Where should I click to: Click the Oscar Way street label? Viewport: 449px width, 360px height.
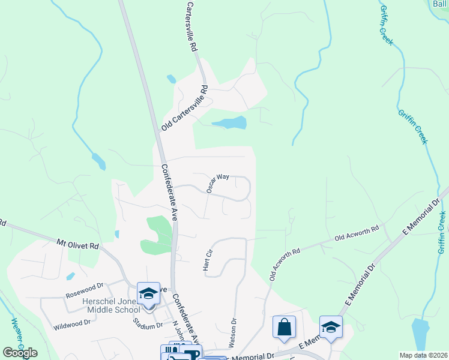point(218,182)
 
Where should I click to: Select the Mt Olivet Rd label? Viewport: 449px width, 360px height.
point(77,245)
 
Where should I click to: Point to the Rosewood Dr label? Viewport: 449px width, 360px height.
point(85,295)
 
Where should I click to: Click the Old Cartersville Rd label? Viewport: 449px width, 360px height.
point(184,109)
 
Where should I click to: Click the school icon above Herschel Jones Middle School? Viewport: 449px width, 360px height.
point(148,293)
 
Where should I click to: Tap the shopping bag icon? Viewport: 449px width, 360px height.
point(284,327)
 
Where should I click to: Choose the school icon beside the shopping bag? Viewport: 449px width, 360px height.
point(330,327)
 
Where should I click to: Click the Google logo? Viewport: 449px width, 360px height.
point(20,353)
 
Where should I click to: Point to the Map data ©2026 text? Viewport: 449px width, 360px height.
point(423,355)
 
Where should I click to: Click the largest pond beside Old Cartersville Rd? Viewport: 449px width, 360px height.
point(230,123)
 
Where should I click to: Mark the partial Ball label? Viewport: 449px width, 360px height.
point(441,4)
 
